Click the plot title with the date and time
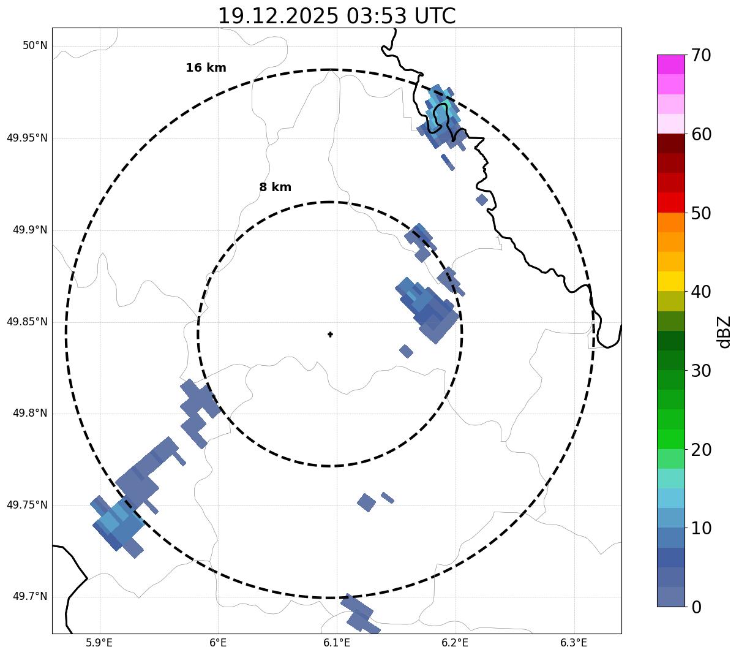tap(337, 16)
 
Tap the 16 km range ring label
tap(206, 68)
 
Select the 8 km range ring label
tap(275, 187)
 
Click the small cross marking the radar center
tap(331, 335)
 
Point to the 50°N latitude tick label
tap(35, 46)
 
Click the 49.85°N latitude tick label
tap(27, 322)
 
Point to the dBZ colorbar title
tap(724, 332)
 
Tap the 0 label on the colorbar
tap(696, 607)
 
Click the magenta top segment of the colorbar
tap(670, 64)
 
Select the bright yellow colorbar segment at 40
tap(670, 281)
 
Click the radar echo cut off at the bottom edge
tap(361, 615)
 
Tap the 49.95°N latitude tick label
tap(27, 138)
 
